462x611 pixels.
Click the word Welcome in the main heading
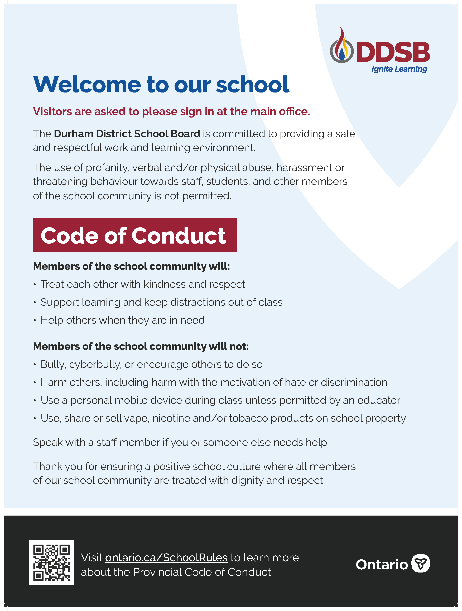pos(87,85)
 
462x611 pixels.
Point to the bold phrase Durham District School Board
pos(127,134)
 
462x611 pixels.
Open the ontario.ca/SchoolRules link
pos(166,558)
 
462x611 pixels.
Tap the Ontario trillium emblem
pos(421,563)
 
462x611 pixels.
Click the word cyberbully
pos(95,365)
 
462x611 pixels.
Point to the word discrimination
pos(354,382)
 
